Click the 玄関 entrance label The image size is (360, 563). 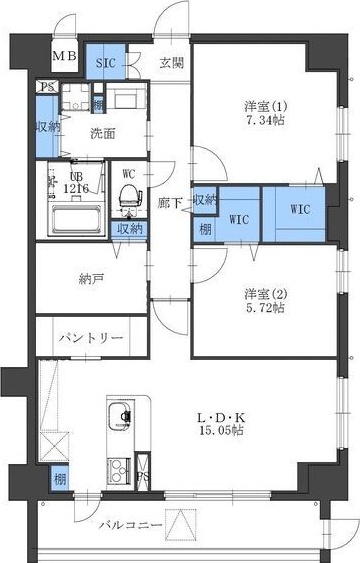point(170,62)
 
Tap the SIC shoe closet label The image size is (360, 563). point(106,62)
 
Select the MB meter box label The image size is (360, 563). point(63,56)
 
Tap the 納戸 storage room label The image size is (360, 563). point(91,279)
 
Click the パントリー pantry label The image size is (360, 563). point(90,337)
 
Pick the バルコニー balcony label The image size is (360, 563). point(130,525)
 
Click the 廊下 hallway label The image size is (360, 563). point(169,202)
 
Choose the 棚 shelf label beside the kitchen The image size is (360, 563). point(59,480)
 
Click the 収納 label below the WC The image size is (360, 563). point(129,228)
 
